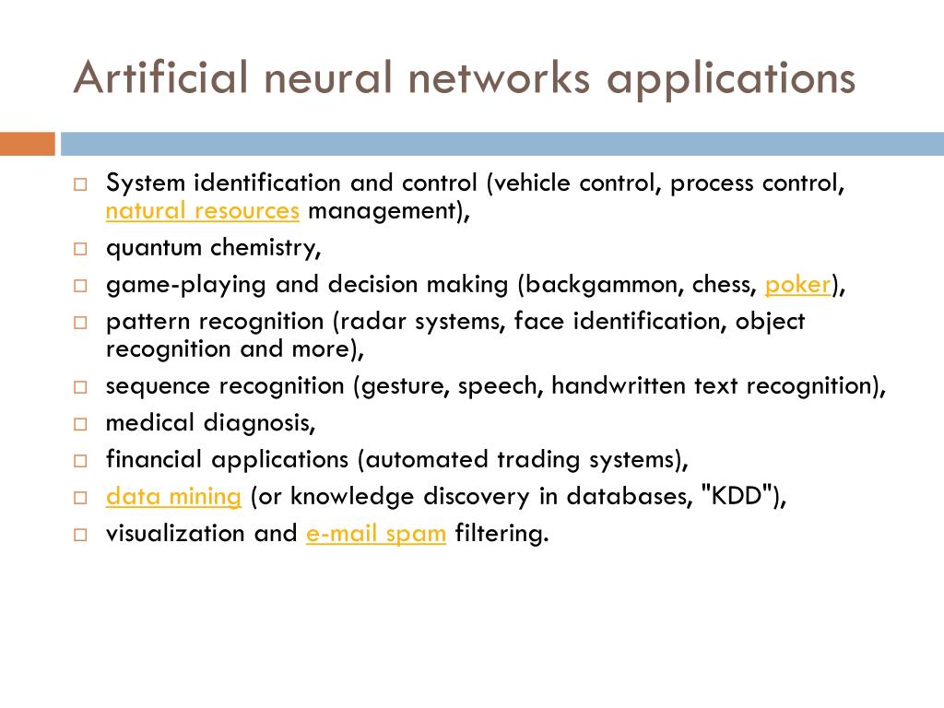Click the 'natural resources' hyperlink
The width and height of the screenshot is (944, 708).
click(203, 211)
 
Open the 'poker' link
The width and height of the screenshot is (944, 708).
click(798, 285)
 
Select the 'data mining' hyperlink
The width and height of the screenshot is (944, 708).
click(173, 497)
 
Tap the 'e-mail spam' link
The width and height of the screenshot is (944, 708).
click(376, 534)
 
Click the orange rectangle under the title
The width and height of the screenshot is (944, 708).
click(28, 144)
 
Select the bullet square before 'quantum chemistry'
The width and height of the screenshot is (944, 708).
click(80, 249)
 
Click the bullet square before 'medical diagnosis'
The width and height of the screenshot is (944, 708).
click(80, 424)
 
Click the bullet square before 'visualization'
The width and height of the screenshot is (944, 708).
click(80, 535)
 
